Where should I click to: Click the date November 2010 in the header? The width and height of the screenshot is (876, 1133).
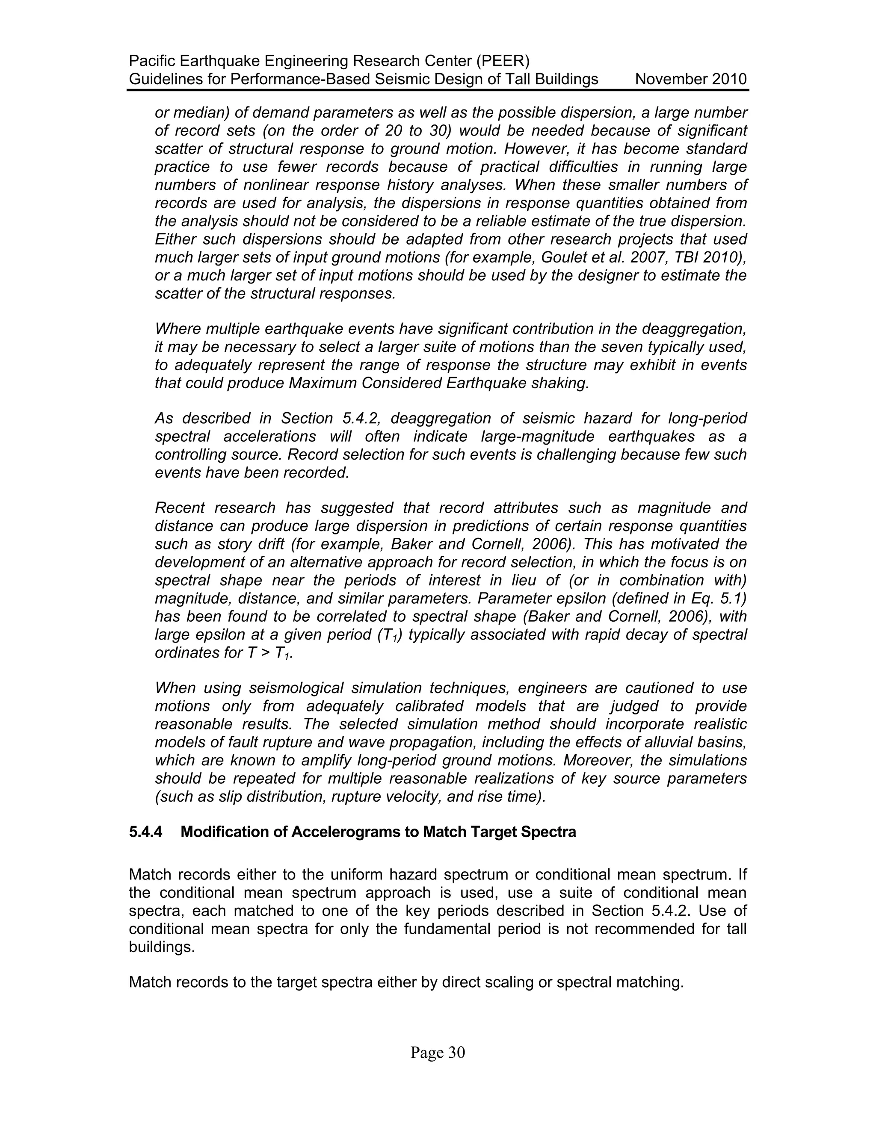click(691, 80)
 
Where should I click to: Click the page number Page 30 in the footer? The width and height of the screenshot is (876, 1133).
click(438, 1053)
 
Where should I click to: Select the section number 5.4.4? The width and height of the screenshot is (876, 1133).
click(145, 832)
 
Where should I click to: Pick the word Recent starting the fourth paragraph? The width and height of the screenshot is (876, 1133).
click(180, 508)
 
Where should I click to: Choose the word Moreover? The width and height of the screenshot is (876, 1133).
click(597, 761)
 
